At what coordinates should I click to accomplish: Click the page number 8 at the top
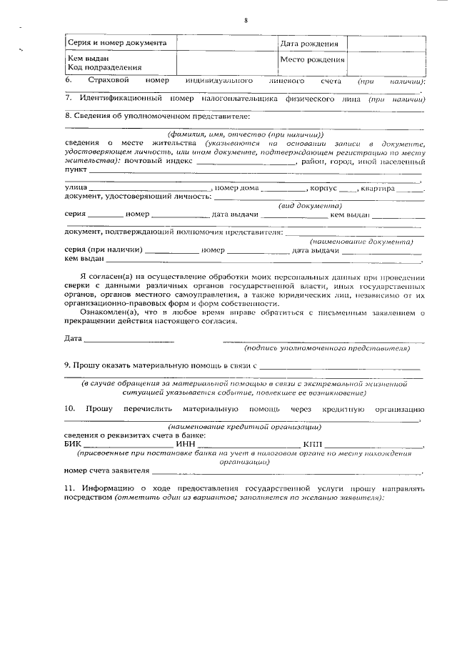coord(244,20)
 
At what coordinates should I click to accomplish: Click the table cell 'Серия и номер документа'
coord(117,43)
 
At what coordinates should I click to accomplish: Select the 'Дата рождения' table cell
coord(309,44)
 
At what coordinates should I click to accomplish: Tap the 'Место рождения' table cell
coord(312,60)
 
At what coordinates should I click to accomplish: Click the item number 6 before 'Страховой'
coord(67,82)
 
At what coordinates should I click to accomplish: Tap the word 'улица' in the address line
coord(76,188)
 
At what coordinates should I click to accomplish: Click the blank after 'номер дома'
coord(281,189)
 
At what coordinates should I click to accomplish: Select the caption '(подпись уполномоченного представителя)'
coord(326,349)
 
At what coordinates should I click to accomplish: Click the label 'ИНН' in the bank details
coord(185,444)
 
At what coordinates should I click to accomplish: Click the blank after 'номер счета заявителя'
coord(286,472)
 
